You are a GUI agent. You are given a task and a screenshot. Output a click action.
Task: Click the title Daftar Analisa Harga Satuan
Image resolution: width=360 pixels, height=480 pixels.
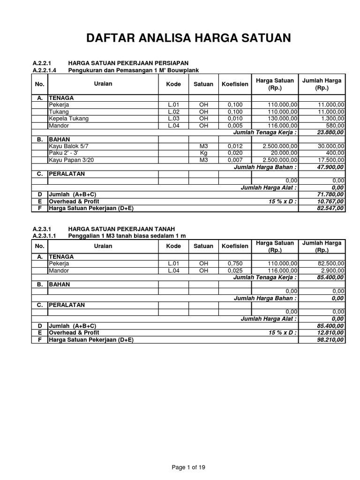click(188, 38)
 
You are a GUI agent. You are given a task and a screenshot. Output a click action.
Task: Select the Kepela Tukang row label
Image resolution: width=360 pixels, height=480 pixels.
click(68, 119)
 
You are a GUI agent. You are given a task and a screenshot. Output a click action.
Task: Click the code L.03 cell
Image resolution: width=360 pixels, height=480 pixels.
click(173, 119)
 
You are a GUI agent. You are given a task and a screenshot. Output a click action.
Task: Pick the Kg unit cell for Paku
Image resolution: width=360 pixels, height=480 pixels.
click(203, 153)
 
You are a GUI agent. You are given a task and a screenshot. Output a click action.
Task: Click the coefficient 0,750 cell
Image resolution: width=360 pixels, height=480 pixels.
click(235, 263)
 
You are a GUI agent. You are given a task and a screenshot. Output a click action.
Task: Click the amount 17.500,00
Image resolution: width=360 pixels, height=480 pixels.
click(330, 160)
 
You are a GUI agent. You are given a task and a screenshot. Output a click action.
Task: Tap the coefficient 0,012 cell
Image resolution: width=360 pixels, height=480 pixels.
click(235, 146)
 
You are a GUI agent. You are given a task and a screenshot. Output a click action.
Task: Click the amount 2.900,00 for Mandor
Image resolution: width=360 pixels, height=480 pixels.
click(332, 270)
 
